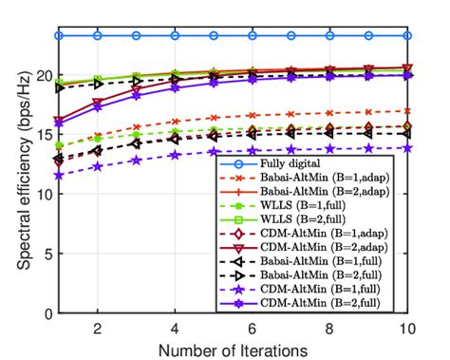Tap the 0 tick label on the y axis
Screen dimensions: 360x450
point(44,313)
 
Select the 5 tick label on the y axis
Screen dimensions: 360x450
point(44,254)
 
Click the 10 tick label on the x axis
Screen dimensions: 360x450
point(407,327)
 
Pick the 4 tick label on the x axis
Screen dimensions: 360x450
point(175,327)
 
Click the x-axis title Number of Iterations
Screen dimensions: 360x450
point(233,349)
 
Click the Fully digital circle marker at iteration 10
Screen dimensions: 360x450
point(407,35)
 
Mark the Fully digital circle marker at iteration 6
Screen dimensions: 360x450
point(253,35)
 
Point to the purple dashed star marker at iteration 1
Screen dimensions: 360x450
point(59,176)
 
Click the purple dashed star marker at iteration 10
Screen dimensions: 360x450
point(407,147)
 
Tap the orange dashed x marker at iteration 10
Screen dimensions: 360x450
point(407,110)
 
